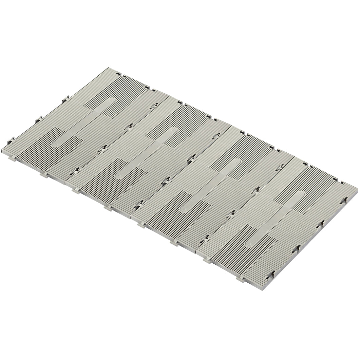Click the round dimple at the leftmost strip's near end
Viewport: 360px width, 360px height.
click(x=54, y=144)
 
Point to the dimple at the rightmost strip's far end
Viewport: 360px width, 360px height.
click(x=300, y=194)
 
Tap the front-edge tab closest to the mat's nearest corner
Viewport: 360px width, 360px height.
click(x=241, y=279)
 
